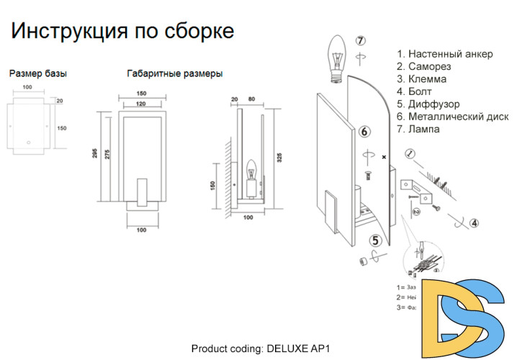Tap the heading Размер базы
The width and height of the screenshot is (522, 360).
39,73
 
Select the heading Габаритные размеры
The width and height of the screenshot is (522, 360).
174,73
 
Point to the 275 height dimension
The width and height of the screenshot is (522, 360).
108,159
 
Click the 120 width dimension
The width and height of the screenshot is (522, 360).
142,104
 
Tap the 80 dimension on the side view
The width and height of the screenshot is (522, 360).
251,99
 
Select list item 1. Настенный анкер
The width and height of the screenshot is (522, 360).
445,54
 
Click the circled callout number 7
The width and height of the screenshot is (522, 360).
361,40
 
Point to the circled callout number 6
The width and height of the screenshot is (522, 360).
364,131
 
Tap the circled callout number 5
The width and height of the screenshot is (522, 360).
375,241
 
